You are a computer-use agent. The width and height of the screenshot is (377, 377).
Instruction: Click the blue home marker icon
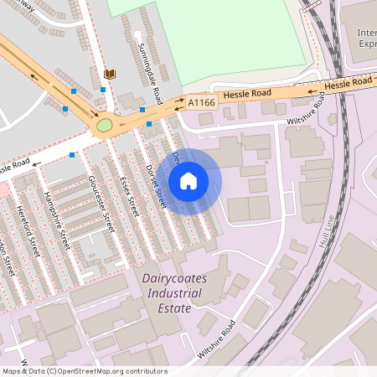tap(188, 180)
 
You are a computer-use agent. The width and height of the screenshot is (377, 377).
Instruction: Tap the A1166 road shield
tap(201, 102)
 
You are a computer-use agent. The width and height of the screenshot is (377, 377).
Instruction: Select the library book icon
tap(109, 75)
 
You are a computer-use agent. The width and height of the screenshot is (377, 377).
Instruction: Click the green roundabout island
tap(105, 126)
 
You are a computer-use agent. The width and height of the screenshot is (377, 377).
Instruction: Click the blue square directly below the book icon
tap(103, 90)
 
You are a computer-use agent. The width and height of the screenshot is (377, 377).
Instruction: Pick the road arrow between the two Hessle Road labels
tap(312, 89)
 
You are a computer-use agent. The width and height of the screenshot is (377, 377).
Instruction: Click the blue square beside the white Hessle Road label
tap(72, 155)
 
